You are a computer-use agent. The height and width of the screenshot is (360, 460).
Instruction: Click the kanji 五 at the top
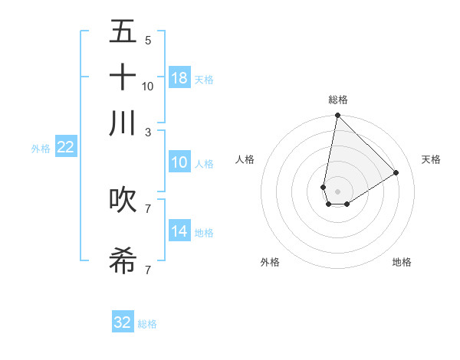(x=123, y=31)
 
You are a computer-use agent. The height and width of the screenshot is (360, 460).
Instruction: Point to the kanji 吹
(x=123, y=199)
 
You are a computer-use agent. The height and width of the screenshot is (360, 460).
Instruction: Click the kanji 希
(x=123, y=261)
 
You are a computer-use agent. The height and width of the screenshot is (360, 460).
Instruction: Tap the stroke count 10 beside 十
(x=148, y=86)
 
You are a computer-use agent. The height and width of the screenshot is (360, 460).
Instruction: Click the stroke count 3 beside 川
(x=148, y=132)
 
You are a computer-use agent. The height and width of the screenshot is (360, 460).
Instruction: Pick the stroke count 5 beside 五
(x=148, y=40)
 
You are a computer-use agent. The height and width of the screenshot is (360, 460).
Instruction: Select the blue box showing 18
(x=179, y=77)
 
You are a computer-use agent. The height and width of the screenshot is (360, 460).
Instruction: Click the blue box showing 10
(x=179, y=162)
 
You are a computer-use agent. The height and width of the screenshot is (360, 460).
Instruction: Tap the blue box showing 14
(x=179, y=231)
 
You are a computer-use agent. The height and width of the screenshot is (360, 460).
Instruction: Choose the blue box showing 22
(x=66, y=147)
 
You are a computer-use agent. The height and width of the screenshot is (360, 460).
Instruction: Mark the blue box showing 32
(x=123, y=322)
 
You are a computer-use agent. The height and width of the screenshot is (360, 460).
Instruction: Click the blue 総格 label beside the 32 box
(x=147, y=324)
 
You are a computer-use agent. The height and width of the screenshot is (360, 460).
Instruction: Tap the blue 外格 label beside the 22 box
(x=41, y=149)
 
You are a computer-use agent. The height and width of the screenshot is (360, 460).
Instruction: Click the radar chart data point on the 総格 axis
(x=337, y=116)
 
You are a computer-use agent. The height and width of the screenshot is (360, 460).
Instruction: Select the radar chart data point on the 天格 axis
(x=396, y=173)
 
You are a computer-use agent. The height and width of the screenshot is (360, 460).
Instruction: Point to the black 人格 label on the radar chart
(x=245, y=159)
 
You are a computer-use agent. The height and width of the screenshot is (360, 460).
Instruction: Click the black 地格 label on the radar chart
(x=402, y=263)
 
